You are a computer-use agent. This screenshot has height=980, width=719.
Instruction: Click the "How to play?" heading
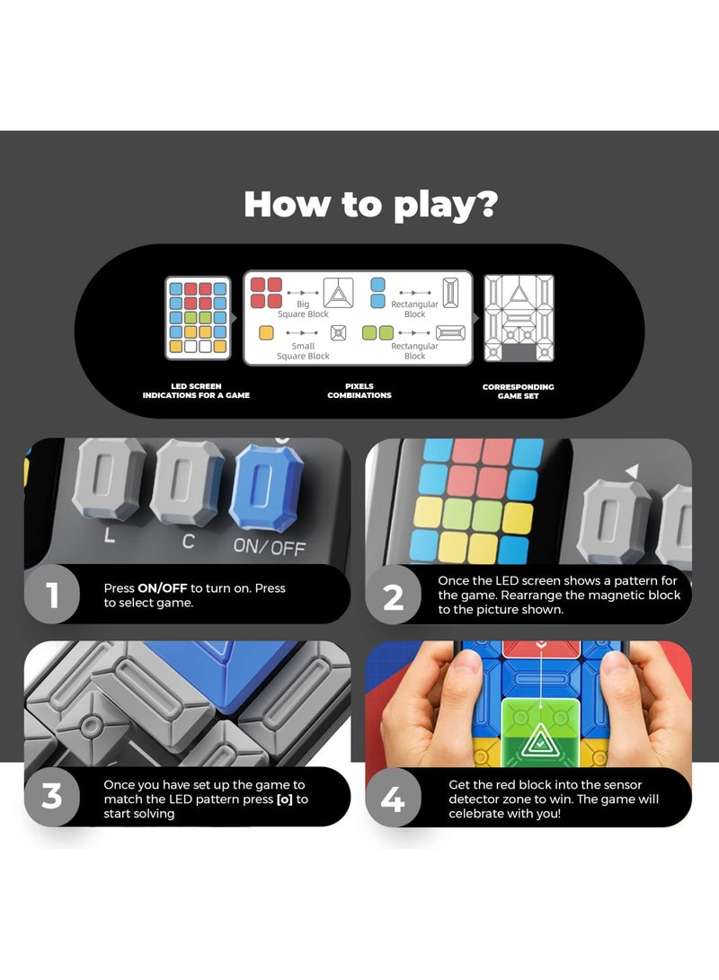coord(369,205)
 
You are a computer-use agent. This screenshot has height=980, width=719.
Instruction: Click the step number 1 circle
coord(52,595)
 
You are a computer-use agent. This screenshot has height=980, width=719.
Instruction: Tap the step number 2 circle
coord(394,595)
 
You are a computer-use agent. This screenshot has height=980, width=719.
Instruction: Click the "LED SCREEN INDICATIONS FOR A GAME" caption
coord(196,392)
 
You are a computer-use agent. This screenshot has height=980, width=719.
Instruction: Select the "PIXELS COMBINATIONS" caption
coord(359,392)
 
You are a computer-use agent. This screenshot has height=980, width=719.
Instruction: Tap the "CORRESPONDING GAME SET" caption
coord(519,392)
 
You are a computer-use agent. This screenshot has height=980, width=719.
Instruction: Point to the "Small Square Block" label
coord(303,351)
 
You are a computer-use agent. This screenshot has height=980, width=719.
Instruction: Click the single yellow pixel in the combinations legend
coord(266,332)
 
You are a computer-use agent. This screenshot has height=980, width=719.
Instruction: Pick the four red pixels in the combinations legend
coord(266,293)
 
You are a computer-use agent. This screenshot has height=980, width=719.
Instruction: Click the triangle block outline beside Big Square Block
coord(339,292)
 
